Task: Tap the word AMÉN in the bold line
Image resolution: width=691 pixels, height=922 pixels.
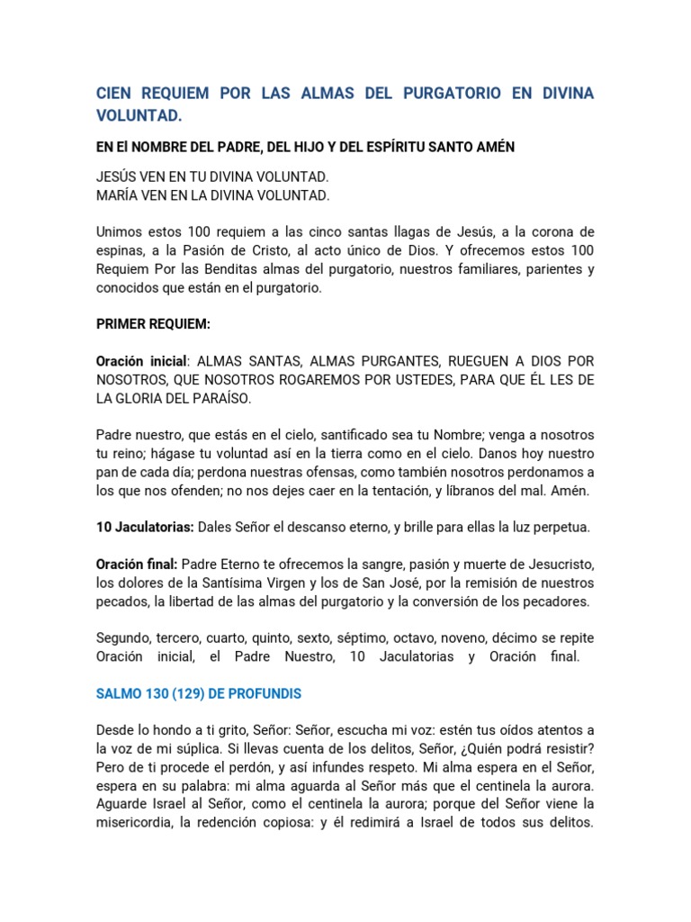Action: tap(491, 147)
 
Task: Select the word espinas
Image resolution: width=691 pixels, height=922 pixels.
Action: tap(121, 249)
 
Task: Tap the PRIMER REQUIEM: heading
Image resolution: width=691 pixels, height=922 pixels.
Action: tap(153, 323)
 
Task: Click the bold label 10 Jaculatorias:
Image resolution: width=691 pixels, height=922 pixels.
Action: tap(145, 527)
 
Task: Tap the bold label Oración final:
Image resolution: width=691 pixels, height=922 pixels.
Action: tap(137, 565)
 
